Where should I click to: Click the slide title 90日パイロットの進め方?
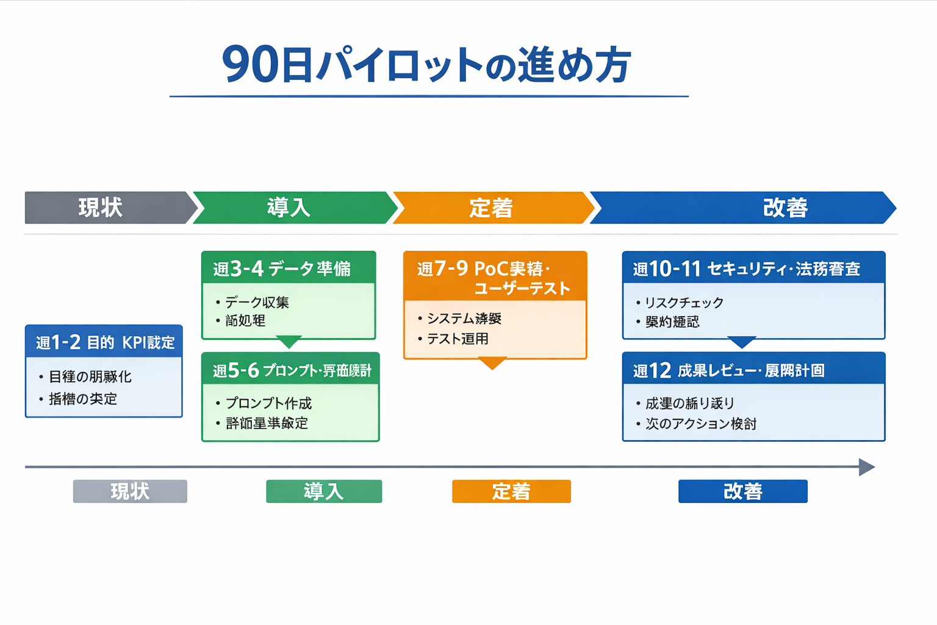[x=427, y=65]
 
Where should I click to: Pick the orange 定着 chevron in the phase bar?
[x=491, y=208]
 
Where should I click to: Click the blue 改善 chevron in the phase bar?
[x=744, y=208]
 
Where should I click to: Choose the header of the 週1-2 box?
[x=104, y=342]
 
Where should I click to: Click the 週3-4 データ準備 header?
[x=288, y=268]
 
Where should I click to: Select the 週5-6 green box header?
[x=290, y=370]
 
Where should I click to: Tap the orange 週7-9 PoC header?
[x=495, y=277]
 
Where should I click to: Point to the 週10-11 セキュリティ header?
[x=753, y=268]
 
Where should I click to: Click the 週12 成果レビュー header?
[x=753, y=370]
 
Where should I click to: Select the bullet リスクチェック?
[x=684, y=303]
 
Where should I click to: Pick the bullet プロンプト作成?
[x=268, y=403]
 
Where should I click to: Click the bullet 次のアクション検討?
[x=700, y=424]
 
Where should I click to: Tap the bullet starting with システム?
[x=464, y=319]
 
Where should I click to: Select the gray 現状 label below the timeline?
[x=130, y=491]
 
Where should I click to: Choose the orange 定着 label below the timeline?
[x=511, y=491]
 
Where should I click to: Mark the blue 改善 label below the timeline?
[x=742, y=491]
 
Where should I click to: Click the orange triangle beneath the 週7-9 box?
[x=492, y=363]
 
